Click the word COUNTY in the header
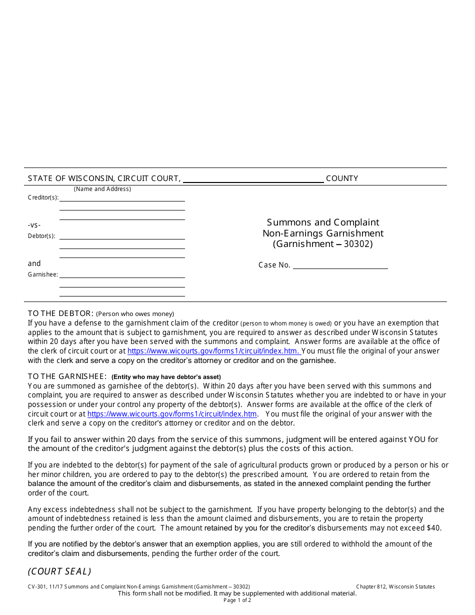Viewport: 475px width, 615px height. pyautogui.click(x=342, y=178)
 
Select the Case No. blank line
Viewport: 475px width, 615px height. pyautogui.click(x=340, y=265)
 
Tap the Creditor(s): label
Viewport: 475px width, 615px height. pyautogui.click(x=43, y=197)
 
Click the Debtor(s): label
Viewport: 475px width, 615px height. pyautogui.click(x=41, y=236)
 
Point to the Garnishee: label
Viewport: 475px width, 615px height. pyautogui.click(x=43, y=274)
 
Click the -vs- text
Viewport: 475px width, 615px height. pyautogui.click(x=34, y=225)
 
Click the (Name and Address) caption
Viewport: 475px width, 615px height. pyautogui.click(x=102, y=189)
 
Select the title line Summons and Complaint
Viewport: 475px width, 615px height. pyautogui.click(x=323, y=222)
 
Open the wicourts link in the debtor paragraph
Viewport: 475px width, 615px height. pyautogui.click(x=213, y=351)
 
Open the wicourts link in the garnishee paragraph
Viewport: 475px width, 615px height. pyautogui.click(x=172, y=414)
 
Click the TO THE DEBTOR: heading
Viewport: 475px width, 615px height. pyautogui.click(x=60, y=313)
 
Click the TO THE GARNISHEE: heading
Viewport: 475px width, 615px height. pyautogui.click(x=67, y=376)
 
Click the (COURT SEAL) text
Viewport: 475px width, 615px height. pyautogui.click(x=59, y=571)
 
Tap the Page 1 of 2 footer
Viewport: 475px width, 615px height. pyautogui.click(x=237, y=600)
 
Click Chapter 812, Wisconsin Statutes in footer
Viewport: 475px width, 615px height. pyautogui.click(x=395, y=587)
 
